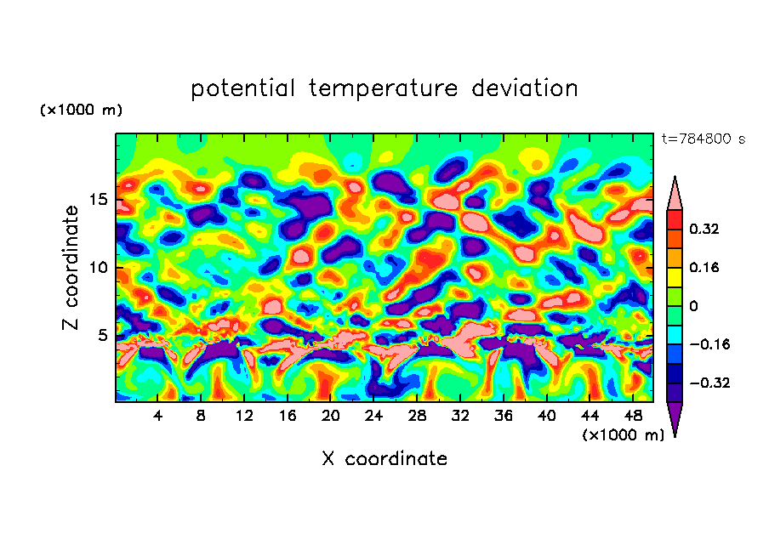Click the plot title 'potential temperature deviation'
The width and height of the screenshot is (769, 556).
click(x=384, y=88)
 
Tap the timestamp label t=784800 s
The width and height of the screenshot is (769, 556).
click(x=703, y=139)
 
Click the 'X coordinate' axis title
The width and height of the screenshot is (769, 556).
click(x=384, y=459)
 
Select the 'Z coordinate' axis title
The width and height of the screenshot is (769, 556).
click(x=71, y=268)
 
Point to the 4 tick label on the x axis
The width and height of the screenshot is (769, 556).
click(x=158, y=417)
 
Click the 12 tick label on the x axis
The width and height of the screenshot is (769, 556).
click(x=245, y=417)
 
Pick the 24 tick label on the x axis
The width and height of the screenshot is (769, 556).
click(x=373, y=417)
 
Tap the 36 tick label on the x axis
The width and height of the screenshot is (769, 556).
click(x=503, y=417)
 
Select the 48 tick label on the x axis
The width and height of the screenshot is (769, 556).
click(x=632, y=417)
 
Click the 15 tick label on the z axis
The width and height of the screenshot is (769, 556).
click(x=99, y=201)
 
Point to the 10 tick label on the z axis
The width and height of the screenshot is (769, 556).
click(x=99, y=268)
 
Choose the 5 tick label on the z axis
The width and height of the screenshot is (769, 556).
click(x=103, y=335)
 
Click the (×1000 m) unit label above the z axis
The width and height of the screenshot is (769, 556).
click(x=82, y=111)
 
